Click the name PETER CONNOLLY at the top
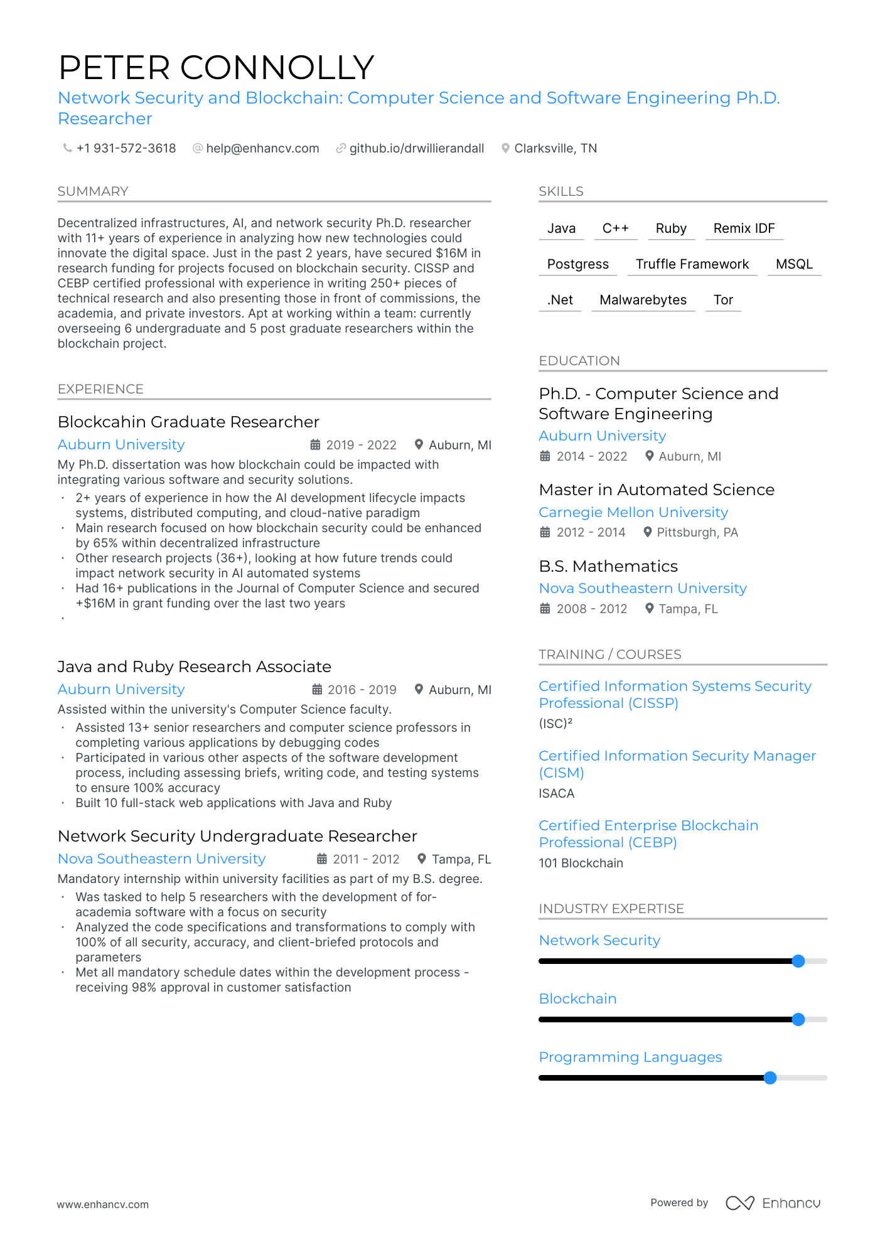(216, 68)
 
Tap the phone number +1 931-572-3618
(126, 148)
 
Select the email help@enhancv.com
(262, 148)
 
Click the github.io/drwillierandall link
(416, 148)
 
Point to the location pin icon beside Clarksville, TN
(505, 149)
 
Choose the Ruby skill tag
(670, 228)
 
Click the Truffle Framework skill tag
(692, 264)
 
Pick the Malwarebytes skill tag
(643, 300)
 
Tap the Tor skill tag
(723, 300)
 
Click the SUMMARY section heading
(93, 191)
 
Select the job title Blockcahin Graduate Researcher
(188, 422)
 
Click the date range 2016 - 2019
(362, 690)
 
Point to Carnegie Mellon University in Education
(633, 512)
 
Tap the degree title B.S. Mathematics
(608, 566)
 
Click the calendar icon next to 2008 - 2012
(545, 609)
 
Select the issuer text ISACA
(556, 793)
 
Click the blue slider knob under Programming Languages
(770, 1078)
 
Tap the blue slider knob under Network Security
(798, 961)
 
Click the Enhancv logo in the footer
(773, 1203)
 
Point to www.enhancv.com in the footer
(103, 1204)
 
